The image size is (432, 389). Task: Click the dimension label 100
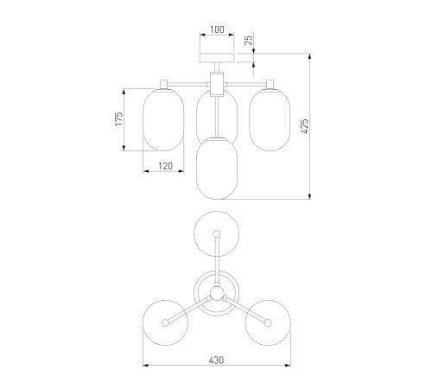tap(217, 29)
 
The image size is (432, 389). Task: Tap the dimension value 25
tap(249, 39)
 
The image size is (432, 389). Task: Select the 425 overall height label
tap(304, 126)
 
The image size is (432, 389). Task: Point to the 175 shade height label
tap(118, 118)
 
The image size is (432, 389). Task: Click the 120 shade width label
tap(165, 166)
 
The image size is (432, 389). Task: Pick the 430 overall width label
tap(216, 360)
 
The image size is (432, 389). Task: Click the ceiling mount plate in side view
tap(217, 58)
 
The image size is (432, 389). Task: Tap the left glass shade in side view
tap(163, 119)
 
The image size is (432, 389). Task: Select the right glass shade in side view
tap(270, 119)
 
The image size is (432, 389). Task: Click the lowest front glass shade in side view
tap(217, 169)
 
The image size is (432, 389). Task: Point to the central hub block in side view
tap(217, 85)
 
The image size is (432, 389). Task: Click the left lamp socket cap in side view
tap(164, 84)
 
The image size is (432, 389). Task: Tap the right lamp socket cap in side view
tap(270, 84)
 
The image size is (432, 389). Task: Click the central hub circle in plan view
tap(217, 294)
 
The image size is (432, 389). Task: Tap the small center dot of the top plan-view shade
tap(217, 233)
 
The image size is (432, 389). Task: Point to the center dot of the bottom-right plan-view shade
tap(268, 322)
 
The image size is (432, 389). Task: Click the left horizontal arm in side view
tap(187, 84)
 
